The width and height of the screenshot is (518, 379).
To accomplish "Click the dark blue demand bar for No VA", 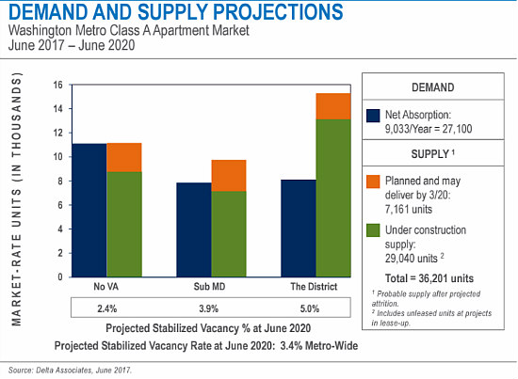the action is click(89, 210).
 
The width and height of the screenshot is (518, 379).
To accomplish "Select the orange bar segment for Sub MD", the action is click(229, 176).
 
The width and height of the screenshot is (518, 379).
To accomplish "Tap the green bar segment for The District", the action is click(333, 197).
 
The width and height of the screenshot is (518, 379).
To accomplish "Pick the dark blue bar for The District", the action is click(299, 229).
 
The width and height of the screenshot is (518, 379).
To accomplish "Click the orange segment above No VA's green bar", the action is click(124, 157).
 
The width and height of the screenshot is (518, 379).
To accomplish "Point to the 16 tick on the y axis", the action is click(58, 85).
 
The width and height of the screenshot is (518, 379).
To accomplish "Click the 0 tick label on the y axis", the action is click(60, 276).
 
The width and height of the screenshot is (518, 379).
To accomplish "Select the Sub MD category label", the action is click(209, 286).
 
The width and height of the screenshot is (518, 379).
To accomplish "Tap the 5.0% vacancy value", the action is click(310, 308).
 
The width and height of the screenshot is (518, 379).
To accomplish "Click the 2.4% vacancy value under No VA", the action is click(107, 308).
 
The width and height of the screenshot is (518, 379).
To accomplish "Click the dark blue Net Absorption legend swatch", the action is click(373, 116).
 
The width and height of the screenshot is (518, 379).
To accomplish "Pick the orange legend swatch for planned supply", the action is click(373, 182).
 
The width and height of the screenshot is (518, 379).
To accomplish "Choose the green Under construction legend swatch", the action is click(373, 230).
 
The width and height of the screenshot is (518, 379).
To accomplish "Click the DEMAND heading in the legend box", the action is click(433, 87).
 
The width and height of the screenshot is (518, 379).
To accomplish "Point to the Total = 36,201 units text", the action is click(429, 278).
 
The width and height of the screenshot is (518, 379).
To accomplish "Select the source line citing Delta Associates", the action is click(70, 371).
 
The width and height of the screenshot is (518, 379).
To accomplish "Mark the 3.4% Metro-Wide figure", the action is click(319, 346).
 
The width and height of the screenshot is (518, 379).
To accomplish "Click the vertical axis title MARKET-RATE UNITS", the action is click(17, 198).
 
